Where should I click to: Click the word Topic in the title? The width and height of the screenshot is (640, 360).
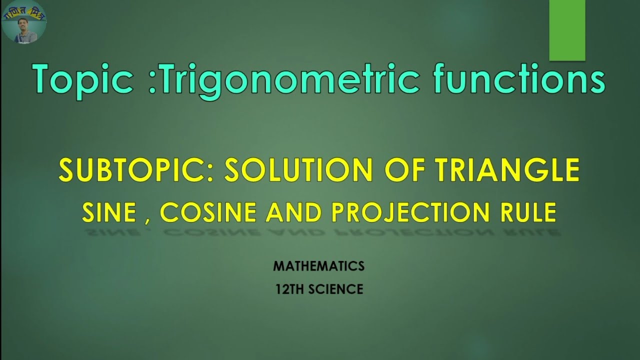[82, 80]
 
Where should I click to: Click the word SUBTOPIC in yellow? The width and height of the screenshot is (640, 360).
[135, 171]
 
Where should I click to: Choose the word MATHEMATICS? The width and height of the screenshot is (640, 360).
[318, 266]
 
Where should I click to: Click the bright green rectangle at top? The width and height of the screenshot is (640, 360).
[567, 30]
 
